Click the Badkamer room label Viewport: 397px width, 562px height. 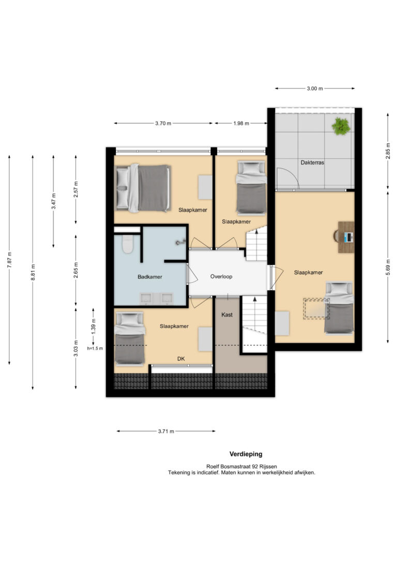[x=149, y=277]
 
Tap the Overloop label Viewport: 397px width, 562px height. [x=221, y=276]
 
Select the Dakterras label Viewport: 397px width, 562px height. [x=312, y=162]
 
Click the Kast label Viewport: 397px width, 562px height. [x=227, y=315]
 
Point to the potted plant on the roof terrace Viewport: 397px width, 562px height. [x=341, y=126]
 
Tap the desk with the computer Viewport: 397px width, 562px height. [x=346, y=237]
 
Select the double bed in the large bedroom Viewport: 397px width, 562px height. [x=143, y=188]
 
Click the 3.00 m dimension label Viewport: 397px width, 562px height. [x=315, y=88]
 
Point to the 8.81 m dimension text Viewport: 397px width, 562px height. [x=33, y=272]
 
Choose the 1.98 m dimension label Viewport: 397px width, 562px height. [x=241, y=123]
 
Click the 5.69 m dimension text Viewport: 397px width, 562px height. [x=388, y=268]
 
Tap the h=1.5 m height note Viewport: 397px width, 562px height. [x=95, y=348]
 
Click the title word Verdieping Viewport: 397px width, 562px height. [x=246, y=454]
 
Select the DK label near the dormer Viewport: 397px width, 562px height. [x=181, y=359]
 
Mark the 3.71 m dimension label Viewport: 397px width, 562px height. [x=166, y=431]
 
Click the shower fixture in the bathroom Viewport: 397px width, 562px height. [x=181, y=242]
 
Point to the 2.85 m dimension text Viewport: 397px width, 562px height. [x=388, y=151]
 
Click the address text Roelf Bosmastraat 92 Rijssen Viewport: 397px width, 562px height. [x=241, y=466]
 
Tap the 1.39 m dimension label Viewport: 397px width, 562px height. [x=94, y=326]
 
